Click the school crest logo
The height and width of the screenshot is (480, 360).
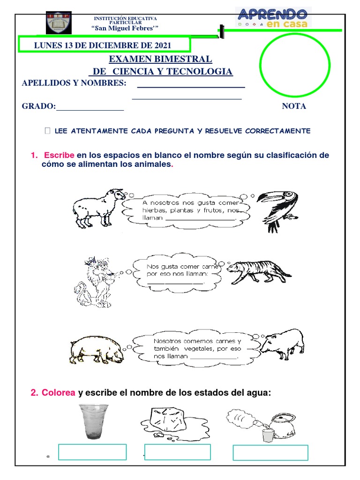59,22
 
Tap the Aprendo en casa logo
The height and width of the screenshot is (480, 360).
272,18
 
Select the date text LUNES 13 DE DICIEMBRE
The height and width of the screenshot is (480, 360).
102,45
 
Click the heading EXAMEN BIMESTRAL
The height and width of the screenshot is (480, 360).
160,60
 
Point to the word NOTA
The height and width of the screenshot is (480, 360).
294,106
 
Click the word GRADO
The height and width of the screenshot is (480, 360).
38,106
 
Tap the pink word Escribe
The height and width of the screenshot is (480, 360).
59,156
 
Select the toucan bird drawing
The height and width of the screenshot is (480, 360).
279,205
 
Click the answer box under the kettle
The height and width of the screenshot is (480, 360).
270,453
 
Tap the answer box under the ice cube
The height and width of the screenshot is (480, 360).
178,452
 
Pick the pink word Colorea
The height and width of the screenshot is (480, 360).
59,393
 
